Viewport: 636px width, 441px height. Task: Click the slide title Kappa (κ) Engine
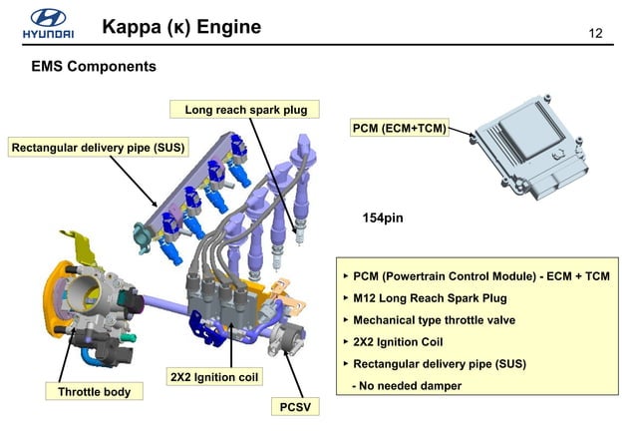point(181,27)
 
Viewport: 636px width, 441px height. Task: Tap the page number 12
point(597,34)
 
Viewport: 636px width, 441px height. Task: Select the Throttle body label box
point(94,392)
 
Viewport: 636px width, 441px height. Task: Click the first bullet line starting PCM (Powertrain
point(479,275)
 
